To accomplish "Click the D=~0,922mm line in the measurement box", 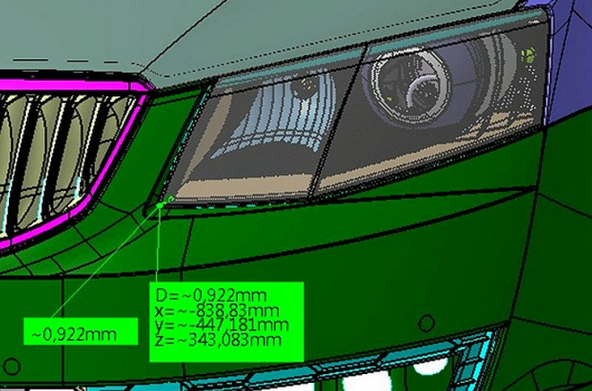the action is [211, 296].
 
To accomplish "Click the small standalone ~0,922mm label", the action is [74, 334].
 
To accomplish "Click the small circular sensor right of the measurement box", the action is [427, 324].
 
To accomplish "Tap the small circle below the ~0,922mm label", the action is [12, 366].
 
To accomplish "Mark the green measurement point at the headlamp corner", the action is [160, 205].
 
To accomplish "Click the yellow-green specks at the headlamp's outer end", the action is [529, 55].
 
